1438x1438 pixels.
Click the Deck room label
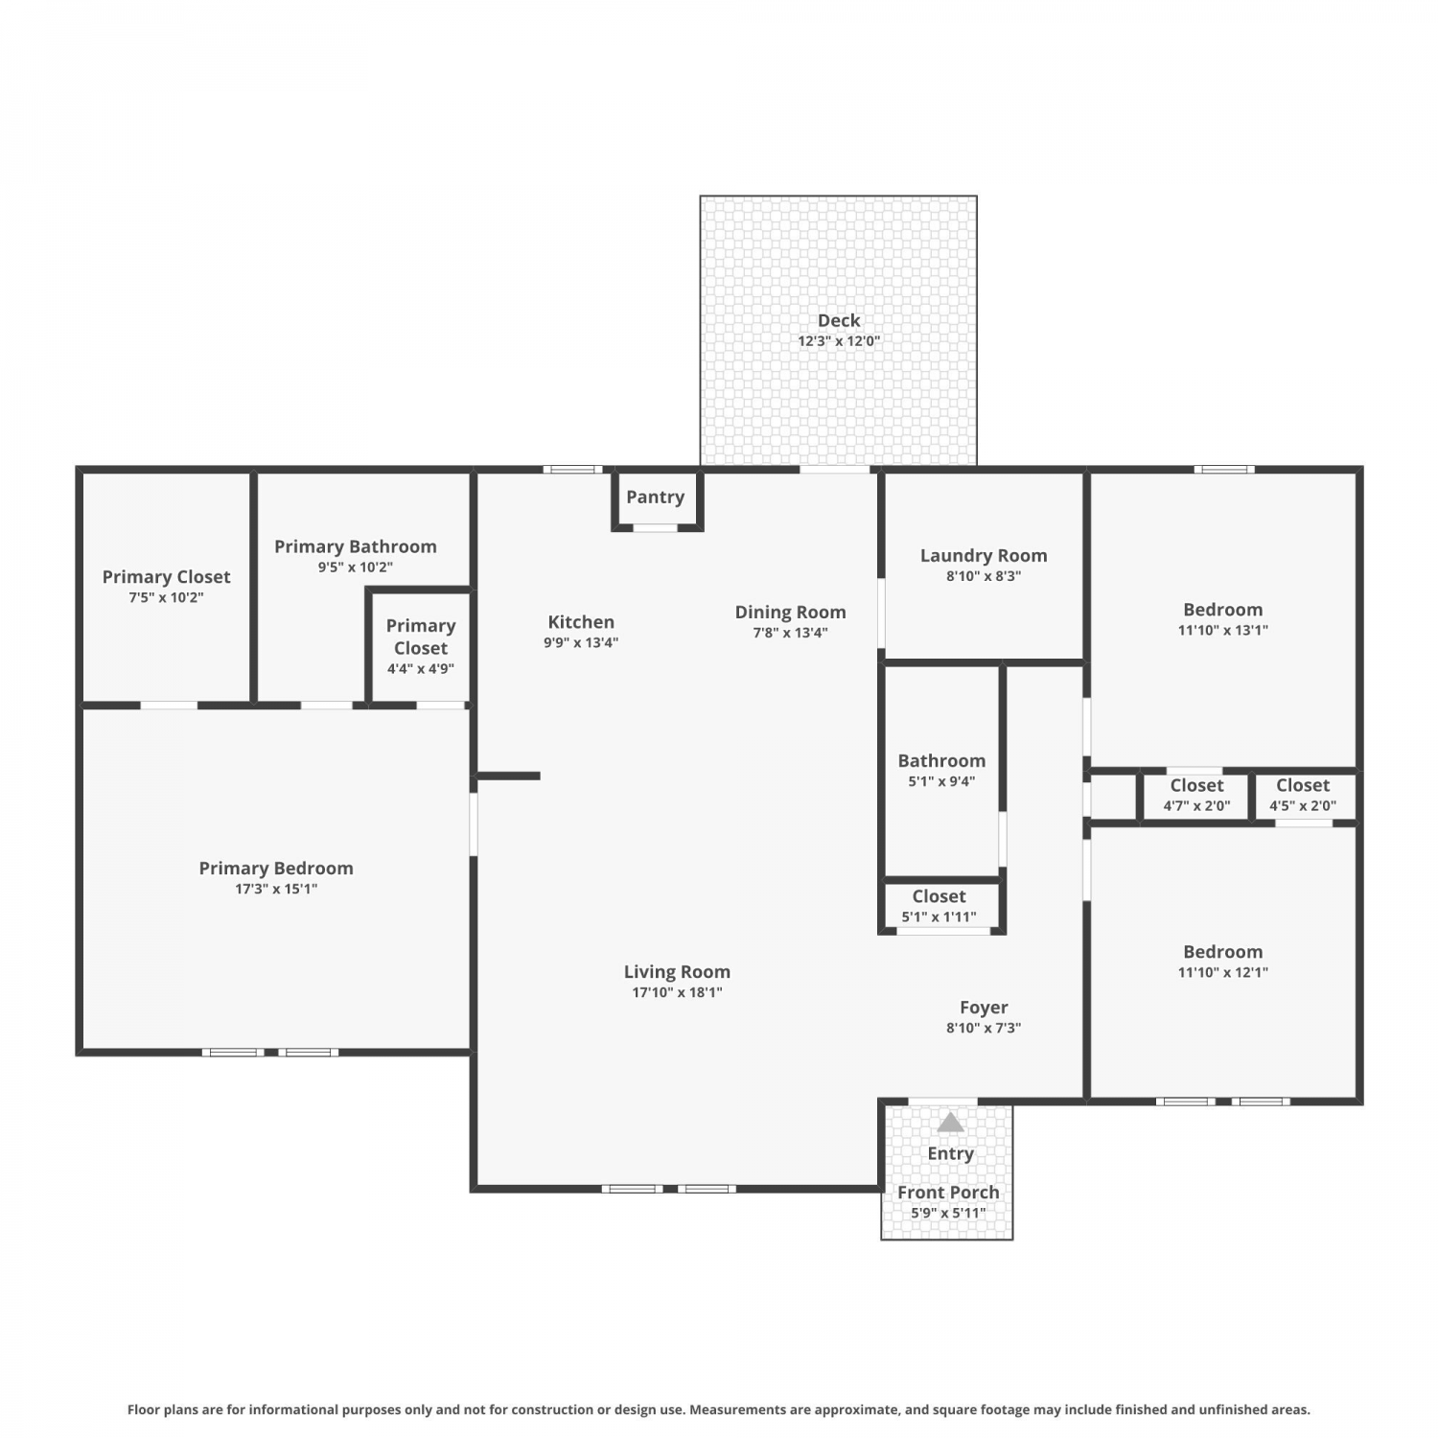[839, 320]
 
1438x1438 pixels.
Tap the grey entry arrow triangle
[950, 1122]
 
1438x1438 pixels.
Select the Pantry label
[655, 497]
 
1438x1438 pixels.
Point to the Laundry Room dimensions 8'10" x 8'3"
[984, 576]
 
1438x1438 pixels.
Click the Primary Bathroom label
[356, 546]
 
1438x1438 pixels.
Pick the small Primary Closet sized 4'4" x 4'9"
[421, 646]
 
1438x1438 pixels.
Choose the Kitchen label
[581, 621]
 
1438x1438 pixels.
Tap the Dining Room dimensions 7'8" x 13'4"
[790, 633]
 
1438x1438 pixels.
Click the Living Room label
[677, 972]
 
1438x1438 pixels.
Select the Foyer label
[984, 1007]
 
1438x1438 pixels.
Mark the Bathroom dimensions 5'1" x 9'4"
[941, 781]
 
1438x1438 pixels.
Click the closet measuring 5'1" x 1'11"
[939, 906]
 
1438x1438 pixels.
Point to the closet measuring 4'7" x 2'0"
[1196, 795]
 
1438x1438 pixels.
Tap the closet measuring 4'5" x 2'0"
[1303, 795]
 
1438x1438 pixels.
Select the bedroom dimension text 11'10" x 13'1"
[1223, 631]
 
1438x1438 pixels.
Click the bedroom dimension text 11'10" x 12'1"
[1223, 972]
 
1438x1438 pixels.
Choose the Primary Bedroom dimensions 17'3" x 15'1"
[276, 889]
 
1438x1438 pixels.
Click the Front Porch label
[948, 1192]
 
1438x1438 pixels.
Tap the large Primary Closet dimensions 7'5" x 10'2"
[167, 597]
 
